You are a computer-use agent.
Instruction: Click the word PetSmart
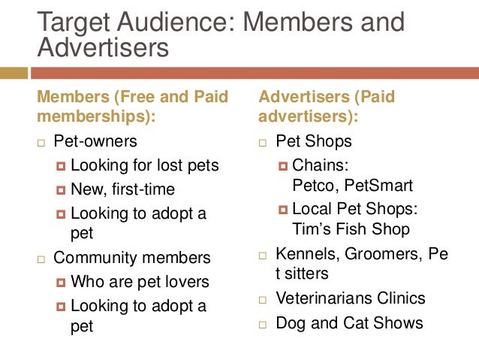click(378, 185)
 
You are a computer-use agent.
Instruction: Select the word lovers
click(188, 282)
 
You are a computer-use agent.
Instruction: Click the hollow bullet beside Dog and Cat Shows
click(263, 325)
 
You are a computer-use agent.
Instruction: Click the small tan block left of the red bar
click(14, 73)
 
